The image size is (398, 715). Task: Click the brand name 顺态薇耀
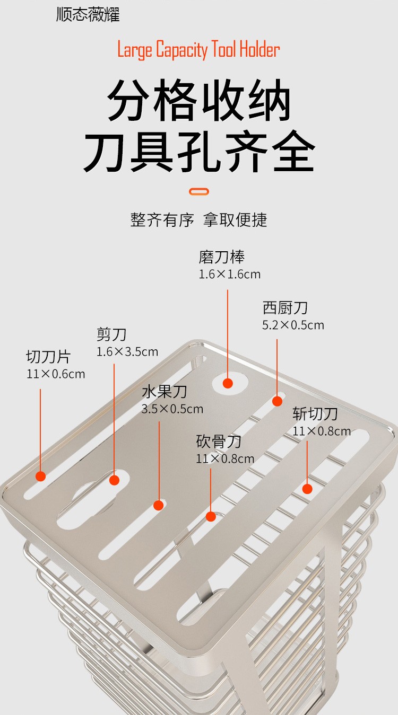pos(88,14)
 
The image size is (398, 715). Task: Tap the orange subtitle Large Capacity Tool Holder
pos(198,50)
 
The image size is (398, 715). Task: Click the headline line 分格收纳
pos(199,100)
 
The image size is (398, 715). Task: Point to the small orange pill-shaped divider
pos(199,191)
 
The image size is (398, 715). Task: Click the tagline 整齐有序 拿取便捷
pos(199,219)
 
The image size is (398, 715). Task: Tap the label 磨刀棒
pos(222,258)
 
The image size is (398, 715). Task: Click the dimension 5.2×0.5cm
pos(293,325)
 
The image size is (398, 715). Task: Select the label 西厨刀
pos(285,308)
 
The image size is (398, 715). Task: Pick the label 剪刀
pos(111,334)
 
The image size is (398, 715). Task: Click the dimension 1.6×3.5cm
pos(127,351)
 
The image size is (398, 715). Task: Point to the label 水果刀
pos(165,392)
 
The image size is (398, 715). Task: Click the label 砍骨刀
pos(219,442)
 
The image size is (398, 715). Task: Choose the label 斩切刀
pos(315,414)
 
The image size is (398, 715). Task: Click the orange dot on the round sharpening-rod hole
pos(228,383)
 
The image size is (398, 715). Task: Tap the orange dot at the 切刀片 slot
pos(40,476)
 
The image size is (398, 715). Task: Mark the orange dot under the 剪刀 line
pos(114,480)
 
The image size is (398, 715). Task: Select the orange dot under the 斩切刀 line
pos(307,488)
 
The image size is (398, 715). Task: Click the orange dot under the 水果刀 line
pos(158,505)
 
